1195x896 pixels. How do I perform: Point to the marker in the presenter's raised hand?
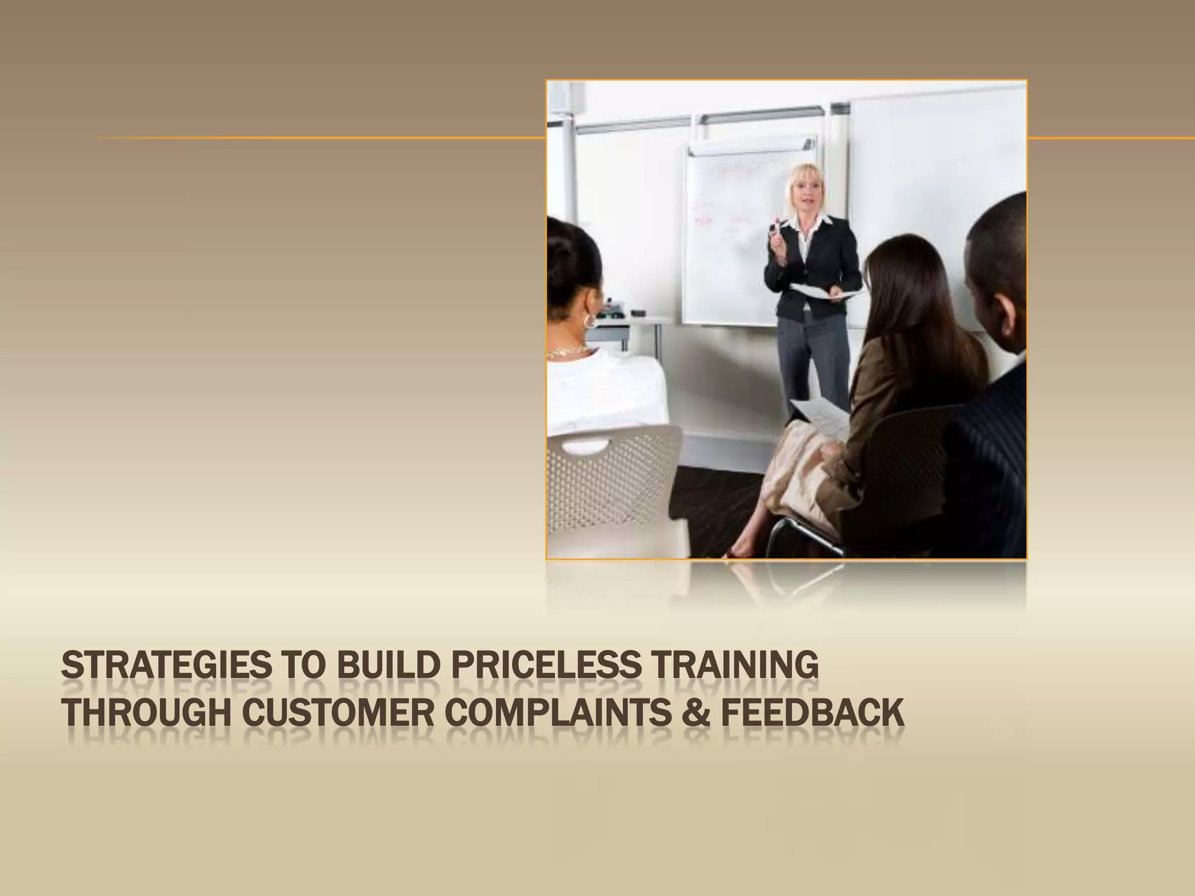(x=777, y=225)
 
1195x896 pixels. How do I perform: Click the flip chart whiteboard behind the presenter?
(x=735, y=245)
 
